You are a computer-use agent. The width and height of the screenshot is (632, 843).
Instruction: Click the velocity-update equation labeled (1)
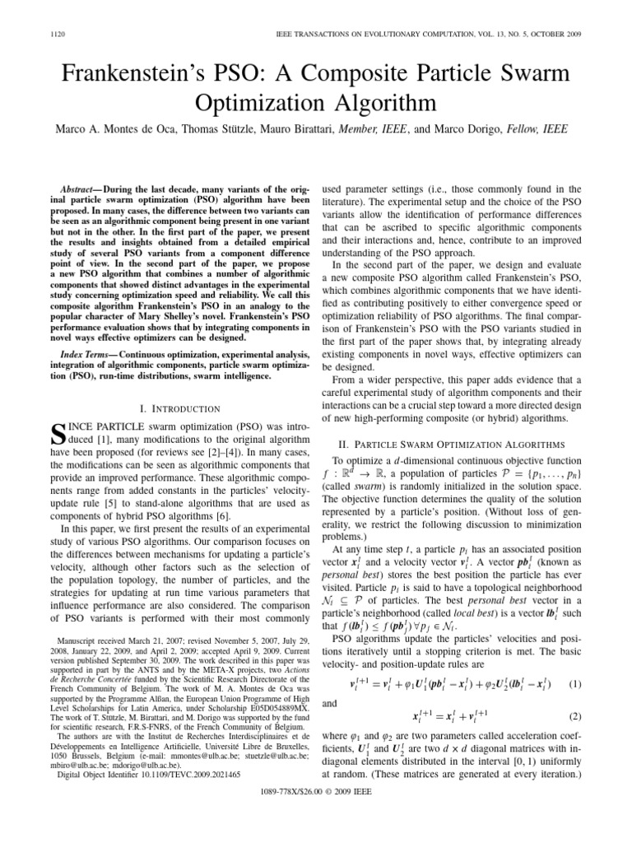[x=451, y=685]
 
